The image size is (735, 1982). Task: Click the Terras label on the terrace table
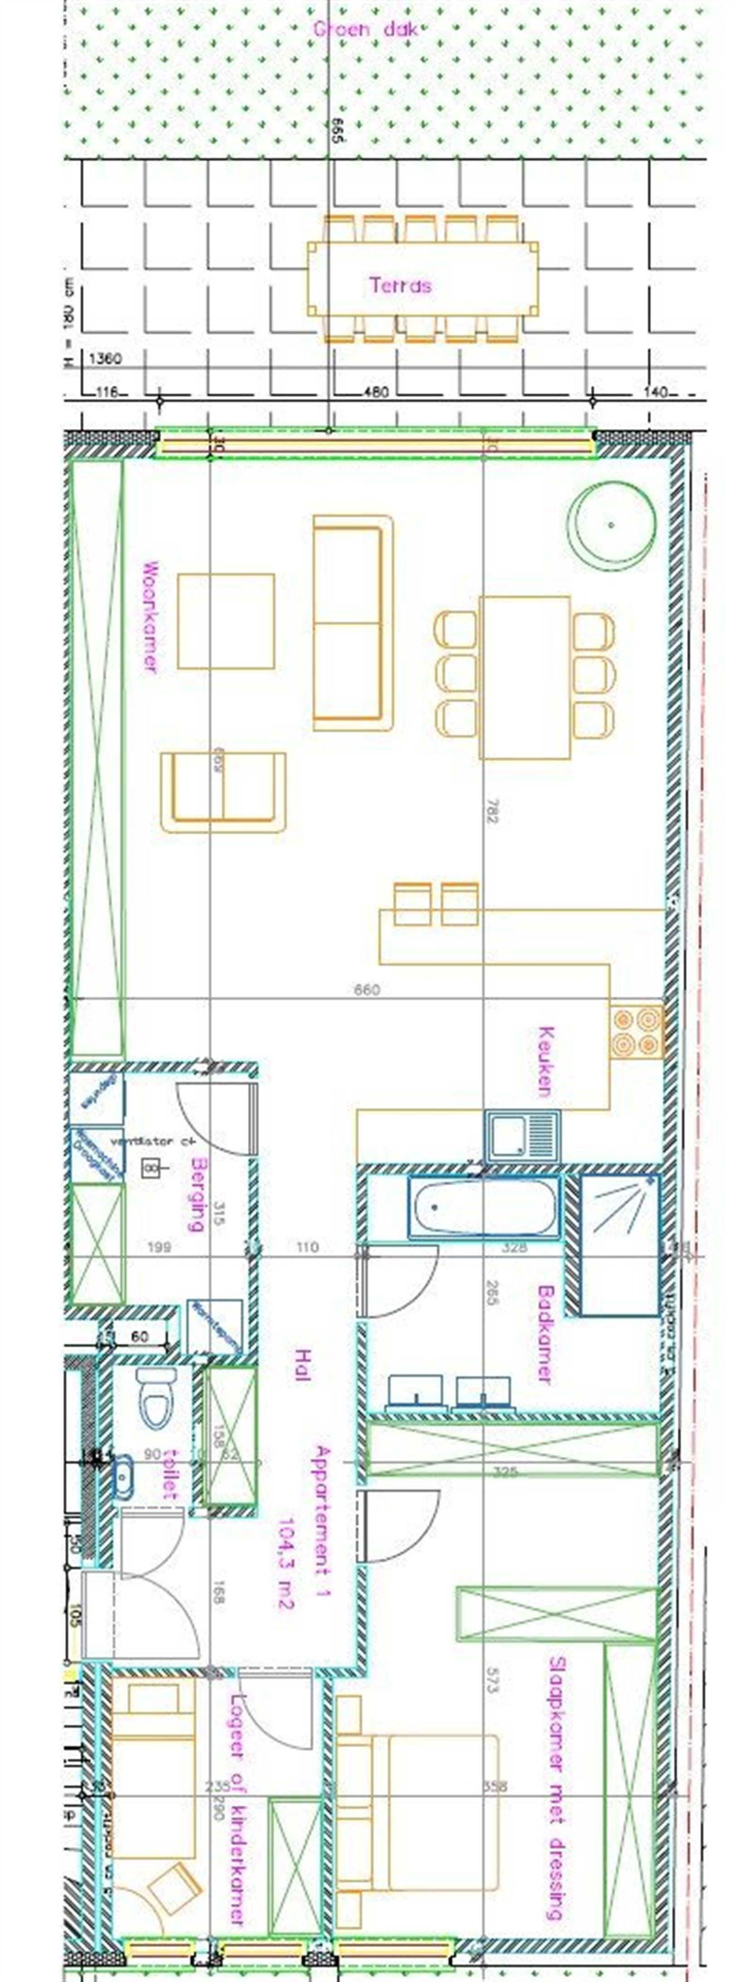pos(400,286)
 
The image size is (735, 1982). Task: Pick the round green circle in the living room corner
pos(611,525)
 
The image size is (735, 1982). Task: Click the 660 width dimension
pos(367,990)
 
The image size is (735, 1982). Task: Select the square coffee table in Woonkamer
pos(226,621)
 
